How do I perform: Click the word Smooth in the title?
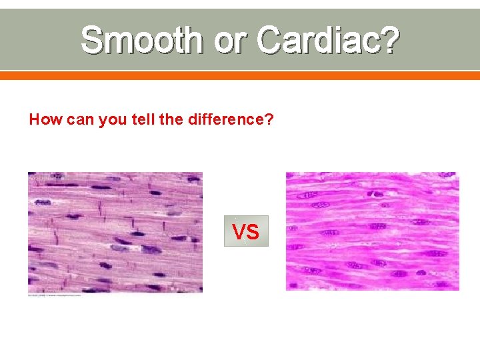(141, 40)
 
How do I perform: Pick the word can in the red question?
(78, 120)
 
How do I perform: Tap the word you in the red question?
(110, 121)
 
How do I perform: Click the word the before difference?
(165, 120)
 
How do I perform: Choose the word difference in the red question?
(221, 120)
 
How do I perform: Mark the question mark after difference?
(270, 120)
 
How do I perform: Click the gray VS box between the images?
(246, 231)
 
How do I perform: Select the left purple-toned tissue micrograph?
(115, 232)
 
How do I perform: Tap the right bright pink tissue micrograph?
(372, 231)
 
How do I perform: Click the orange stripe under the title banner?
(240, 75)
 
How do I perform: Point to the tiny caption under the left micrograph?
(55, 295)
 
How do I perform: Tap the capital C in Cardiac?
(269, 40)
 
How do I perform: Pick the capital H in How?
(35, 120)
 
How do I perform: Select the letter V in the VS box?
(239, 231)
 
